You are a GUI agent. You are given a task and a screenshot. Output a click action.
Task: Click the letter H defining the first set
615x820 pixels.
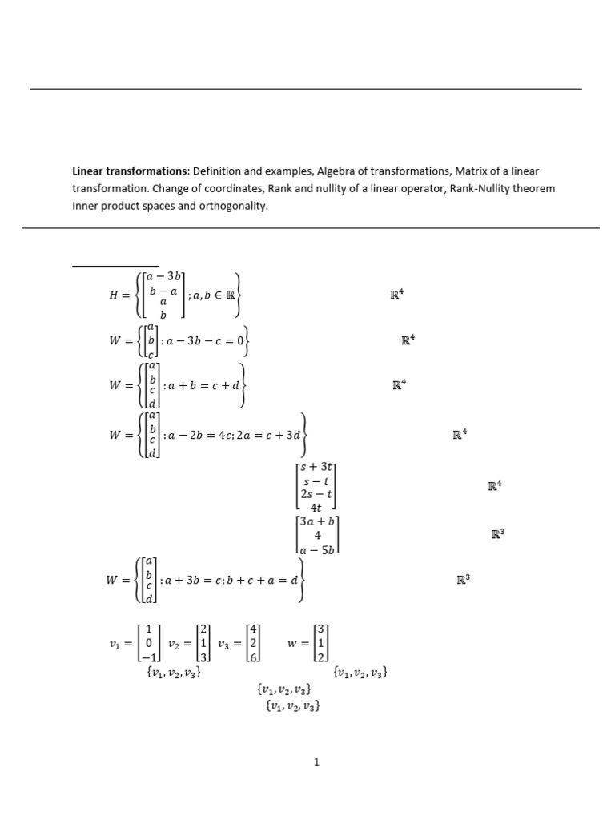[113, 295]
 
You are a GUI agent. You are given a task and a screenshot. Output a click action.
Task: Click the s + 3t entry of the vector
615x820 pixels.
[317, 467]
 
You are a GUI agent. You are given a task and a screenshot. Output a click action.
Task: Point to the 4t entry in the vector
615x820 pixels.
[317, 507]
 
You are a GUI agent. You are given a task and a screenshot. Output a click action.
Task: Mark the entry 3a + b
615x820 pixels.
[317, 521]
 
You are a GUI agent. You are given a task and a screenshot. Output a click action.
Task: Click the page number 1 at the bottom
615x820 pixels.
[317, 762]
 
